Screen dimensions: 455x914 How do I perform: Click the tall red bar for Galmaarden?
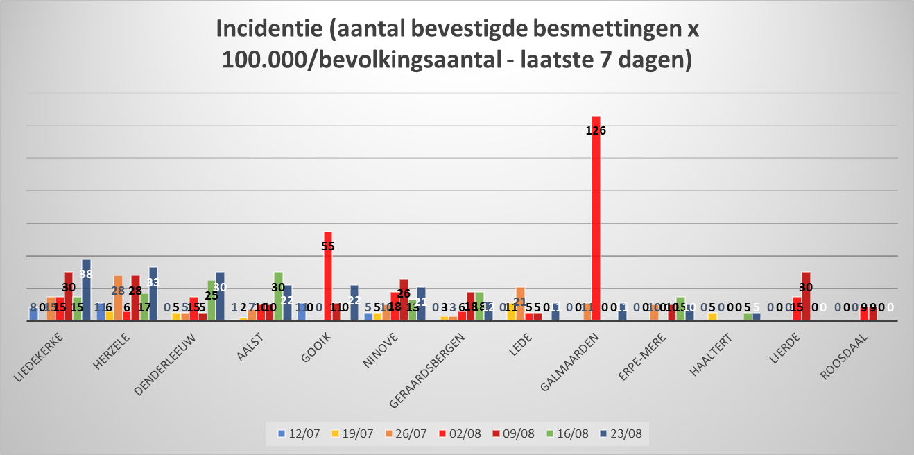[596, 222]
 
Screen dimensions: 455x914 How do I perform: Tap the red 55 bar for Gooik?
[328, 277]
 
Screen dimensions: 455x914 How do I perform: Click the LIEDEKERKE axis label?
[40, 357]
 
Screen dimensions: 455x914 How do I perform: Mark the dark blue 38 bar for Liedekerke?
[86, 290]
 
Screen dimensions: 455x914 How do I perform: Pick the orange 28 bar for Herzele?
[118, 298]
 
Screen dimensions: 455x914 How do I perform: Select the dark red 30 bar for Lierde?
[806, 297]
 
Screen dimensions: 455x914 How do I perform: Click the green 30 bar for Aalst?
[278, 297]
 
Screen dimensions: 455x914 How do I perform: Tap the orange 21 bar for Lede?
[520, 304]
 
